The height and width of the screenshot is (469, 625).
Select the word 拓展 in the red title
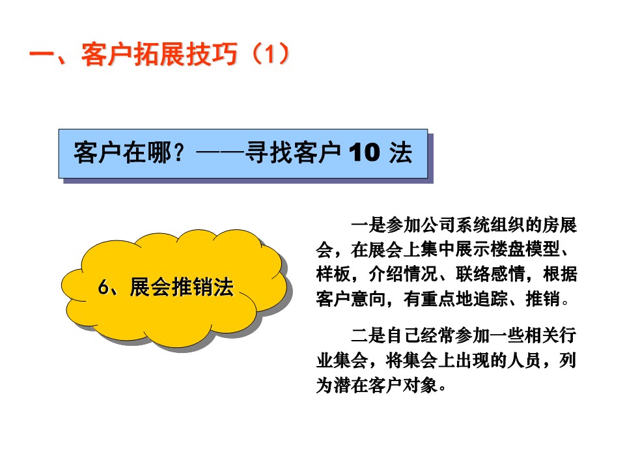point(159,53)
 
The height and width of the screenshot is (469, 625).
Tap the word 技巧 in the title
point(211,53)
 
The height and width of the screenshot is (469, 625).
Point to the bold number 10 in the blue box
point(365,152)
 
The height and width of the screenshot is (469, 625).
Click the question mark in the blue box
point(179,152)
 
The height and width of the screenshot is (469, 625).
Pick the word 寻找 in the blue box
point(269,152)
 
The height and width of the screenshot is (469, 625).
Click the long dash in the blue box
point(220,152)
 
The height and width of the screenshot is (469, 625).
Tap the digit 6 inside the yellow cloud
point(104,287)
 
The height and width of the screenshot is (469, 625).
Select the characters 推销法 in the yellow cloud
point(202,287)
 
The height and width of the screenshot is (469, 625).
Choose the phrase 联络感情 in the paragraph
point(490,274)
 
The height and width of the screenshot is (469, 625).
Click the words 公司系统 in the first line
point(437,225)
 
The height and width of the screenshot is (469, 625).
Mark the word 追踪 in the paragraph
point(490,299)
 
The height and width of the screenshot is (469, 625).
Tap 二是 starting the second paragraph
point(368,335)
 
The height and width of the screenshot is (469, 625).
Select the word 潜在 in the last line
point(351,385)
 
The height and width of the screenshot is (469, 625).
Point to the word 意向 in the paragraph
point(368,299)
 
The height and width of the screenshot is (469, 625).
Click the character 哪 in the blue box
point(160,152)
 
